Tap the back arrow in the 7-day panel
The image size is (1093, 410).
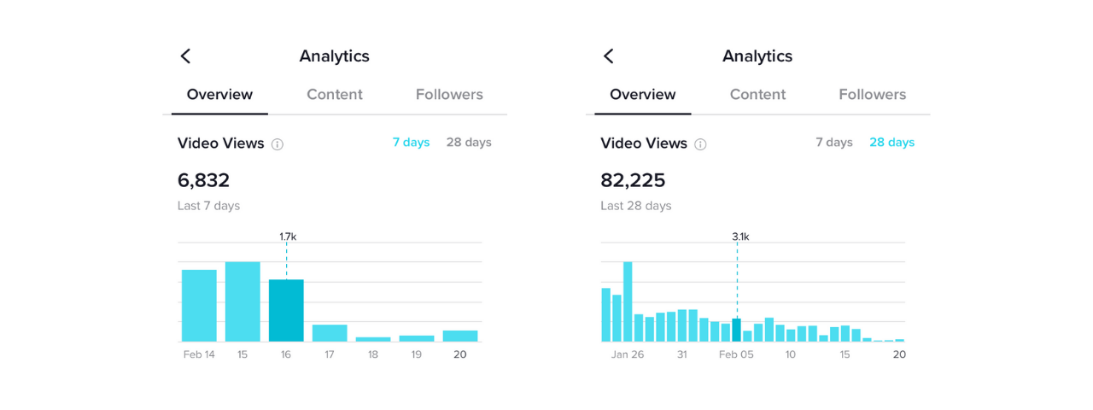[185, 56]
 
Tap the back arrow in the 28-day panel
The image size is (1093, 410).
[609, 56]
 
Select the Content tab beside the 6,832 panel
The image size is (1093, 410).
[335, 95]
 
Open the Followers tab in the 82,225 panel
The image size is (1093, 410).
[872, 95]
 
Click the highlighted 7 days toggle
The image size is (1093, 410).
[411, 143]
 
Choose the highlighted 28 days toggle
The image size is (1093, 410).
[891, 143]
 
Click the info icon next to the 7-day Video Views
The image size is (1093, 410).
[278, 144]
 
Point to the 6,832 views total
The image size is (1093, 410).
[203, 181]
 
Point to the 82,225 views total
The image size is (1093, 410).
[633, 181]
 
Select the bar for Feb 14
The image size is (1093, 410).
[199, 306]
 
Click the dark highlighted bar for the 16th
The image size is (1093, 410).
[286, 311]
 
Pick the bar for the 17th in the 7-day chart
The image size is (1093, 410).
[330, 333]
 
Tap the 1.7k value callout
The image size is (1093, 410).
[287, 237]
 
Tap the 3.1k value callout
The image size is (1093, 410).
[740, 237]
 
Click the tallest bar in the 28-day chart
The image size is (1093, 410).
[628, 302]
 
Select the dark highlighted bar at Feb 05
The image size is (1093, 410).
[736, 330]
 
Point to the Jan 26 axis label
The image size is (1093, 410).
[628, 354]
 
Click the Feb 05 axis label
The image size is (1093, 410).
[736, 354]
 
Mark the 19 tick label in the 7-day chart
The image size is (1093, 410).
[417, 354]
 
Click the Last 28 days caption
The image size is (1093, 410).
[636, 206]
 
